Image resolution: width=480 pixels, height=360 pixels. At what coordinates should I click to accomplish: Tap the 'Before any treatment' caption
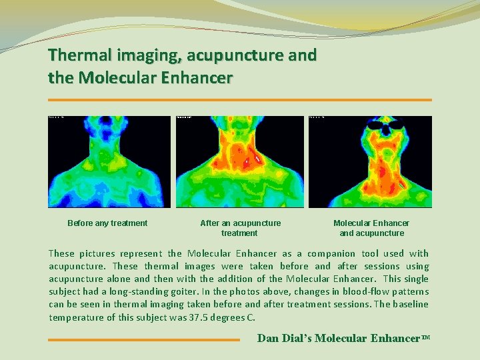[x=107, y=223]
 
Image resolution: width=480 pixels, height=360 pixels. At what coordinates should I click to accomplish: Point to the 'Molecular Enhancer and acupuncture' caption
[x=371, y=228]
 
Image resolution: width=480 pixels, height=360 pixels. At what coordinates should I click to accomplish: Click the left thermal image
[x=109, y=162]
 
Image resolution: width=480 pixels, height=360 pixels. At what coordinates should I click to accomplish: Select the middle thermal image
[x=239, y=162]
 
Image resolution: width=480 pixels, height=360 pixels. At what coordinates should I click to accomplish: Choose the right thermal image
[x=370, y=162]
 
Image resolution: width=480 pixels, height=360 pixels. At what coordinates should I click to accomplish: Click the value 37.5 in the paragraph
[x=194, y=317]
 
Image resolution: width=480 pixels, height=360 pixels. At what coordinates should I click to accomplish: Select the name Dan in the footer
[x=268, y=338]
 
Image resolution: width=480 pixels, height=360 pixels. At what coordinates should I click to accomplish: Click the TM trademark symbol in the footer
[x=425, y=337]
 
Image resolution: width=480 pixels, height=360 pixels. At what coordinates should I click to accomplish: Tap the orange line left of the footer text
[x=143, y=340]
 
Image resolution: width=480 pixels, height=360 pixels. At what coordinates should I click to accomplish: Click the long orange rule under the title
[x=240, y=100]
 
